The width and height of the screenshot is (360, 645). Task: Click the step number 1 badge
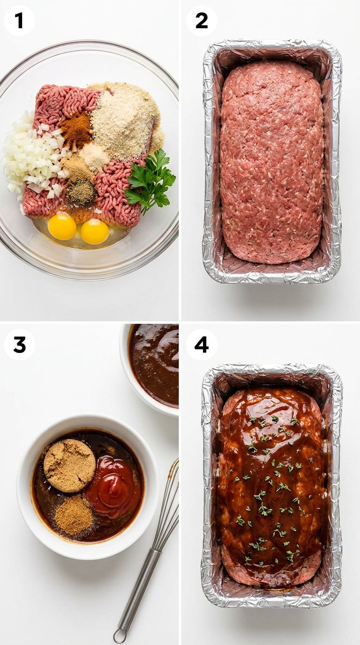20,21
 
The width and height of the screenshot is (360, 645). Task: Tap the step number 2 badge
202,21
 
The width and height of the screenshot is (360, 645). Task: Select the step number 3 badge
20,345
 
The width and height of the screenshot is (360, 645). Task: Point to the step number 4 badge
202,345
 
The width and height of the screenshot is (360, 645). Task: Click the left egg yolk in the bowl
62,226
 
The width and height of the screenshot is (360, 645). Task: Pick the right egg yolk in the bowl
95,232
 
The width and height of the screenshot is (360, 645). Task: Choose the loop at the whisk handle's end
120,637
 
